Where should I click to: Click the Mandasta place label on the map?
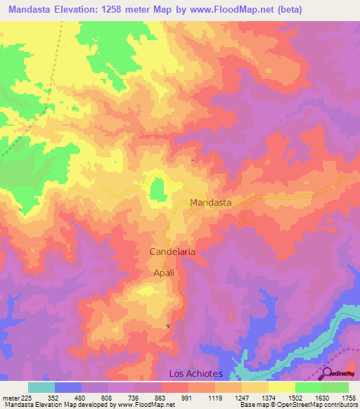pos(211,202)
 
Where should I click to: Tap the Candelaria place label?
pos(172,251)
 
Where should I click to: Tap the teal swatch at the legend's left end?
pos(41,387)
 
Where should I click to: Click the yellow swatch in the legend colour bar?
pos(281,387)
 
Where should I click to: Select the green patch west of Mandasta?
pos(158,188)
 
